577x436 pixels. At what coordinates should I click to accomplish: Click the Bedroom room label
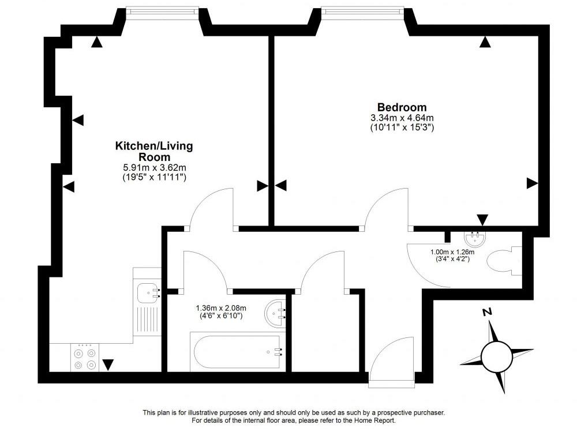[x=402, y=107]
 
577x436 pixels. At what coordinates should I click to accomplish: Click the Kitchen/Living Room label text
[x=154, y=151]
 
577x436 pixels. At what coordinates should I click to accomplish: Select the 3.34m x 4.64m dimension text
[x=402, y=118]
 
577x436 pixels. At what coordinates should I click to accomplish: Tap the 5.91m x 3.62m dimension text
[x=154, y=168]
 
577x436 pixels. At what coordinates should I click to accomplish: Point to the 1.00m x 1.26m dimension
[x=452, y=252]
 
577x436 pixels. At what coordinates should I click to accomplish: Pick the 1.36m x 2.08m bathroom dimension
[x=221, y=308]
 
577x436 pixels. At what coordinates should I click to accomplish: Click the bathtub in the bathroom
[x=237, y=352]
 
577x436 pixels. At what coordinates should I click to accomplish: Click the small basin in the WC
[x=477, y=237]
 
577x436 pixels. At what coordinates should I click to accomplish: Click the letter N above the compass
[x=488, y=313]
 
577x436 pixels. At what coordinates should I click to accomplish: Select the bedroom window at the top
[x=361, y=10]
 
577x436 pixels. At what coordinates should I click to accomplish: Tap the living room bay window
[x=162, y=10]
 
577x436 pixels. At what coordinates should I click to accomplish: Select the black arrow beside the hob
[x=108, y=364]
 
